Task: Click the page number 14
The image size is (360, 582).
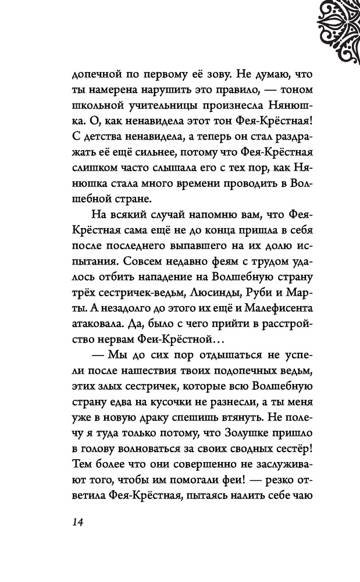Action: pyautogui.click(x=79, y=521)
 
